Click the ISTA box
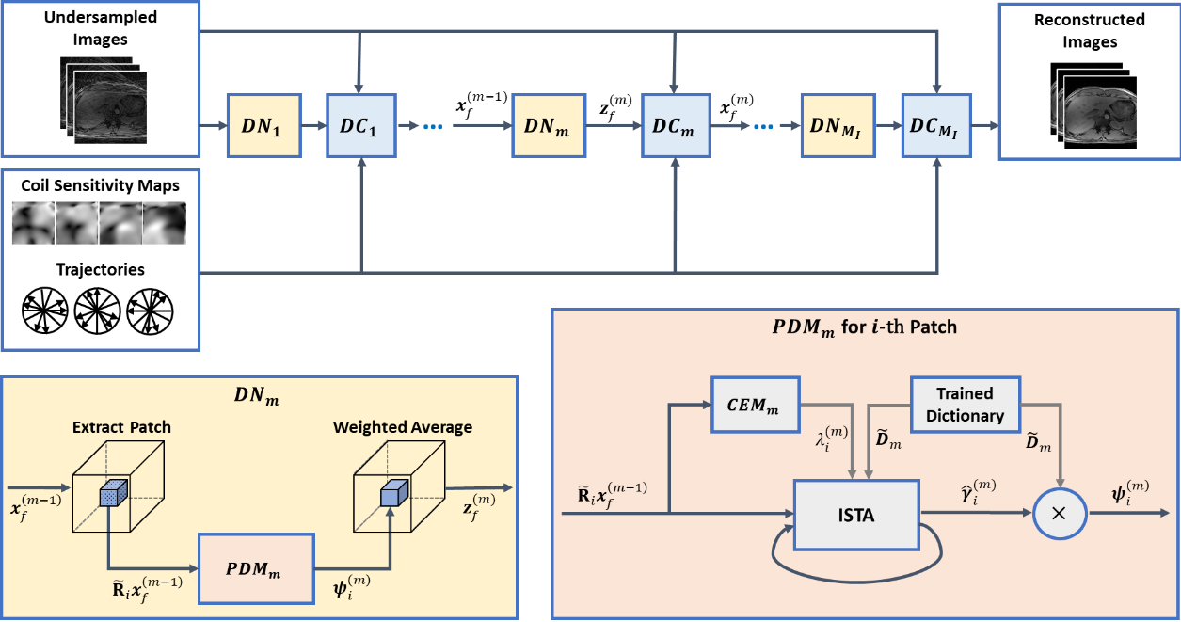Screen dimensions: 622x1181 click(856, 515)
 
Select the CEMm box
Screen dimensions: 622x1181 click(756, 404)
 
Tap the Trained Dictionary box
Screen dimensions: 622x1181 click(965, 404)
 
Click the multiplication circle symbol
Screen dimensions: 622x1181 click(1061, 515)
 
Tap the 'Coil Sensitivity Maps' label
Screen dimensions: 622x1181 click(99, 184)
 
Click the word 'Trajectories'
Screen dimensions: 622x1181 click(99, 269)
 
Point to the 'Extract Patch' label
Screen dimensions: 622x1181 click(121, 426)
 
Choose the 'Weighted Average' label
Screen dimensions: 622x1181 click(402, 426)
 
